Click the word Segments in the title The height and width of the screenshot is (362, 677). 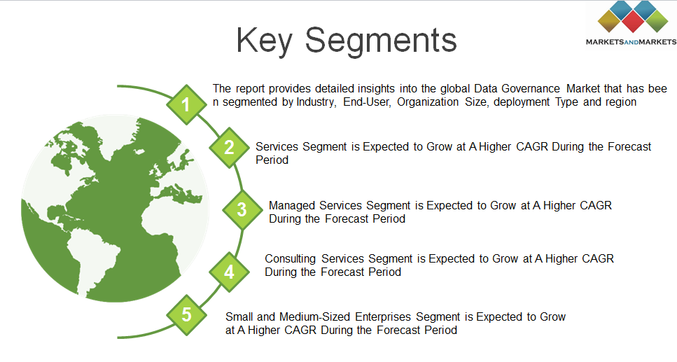(381, 41)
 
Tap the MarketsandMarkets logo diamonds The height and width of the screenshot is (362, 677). (633, 17)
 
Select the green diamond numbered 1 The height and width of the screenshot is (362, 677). (186, 104)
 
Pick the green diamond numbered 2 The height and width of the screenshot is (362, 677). (229, 147)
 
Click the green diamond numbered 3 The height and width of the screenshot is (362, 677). (242, 209)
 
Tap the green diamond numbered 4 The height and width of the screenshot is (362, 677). (229, 272)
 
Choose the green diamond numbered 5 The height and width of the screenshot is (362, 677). (186, 315)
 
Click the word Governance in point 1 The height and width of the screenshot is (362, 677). (531, 88)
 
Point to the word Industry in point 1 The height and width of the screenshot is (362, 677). (316, 102)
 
